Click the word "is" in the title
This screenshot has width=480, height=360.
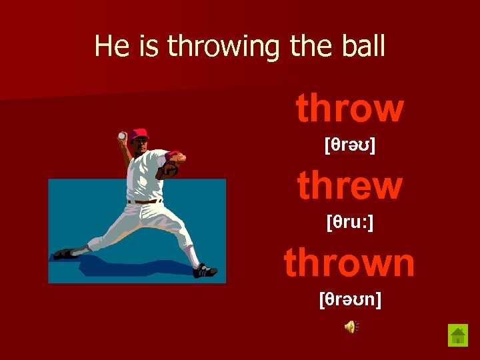146,47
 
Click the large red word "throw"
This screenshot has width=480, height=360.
349,109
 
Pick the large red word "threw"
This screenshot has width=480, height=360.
349,186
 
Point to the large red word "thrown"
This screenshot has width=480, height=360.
349,263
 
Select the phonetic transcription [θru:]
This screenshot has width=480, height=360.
349,222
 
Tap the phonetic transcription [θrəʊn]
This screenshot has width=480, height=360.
350,299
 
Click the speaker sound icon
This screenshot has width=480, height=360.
351,326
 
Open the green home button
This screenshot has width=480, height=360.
458,335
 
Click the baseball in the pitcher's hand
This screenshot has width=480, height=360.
121,136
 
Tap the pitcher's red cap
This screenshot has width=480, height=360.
139,134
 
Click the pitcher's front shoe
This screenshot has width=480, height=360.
204,271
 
